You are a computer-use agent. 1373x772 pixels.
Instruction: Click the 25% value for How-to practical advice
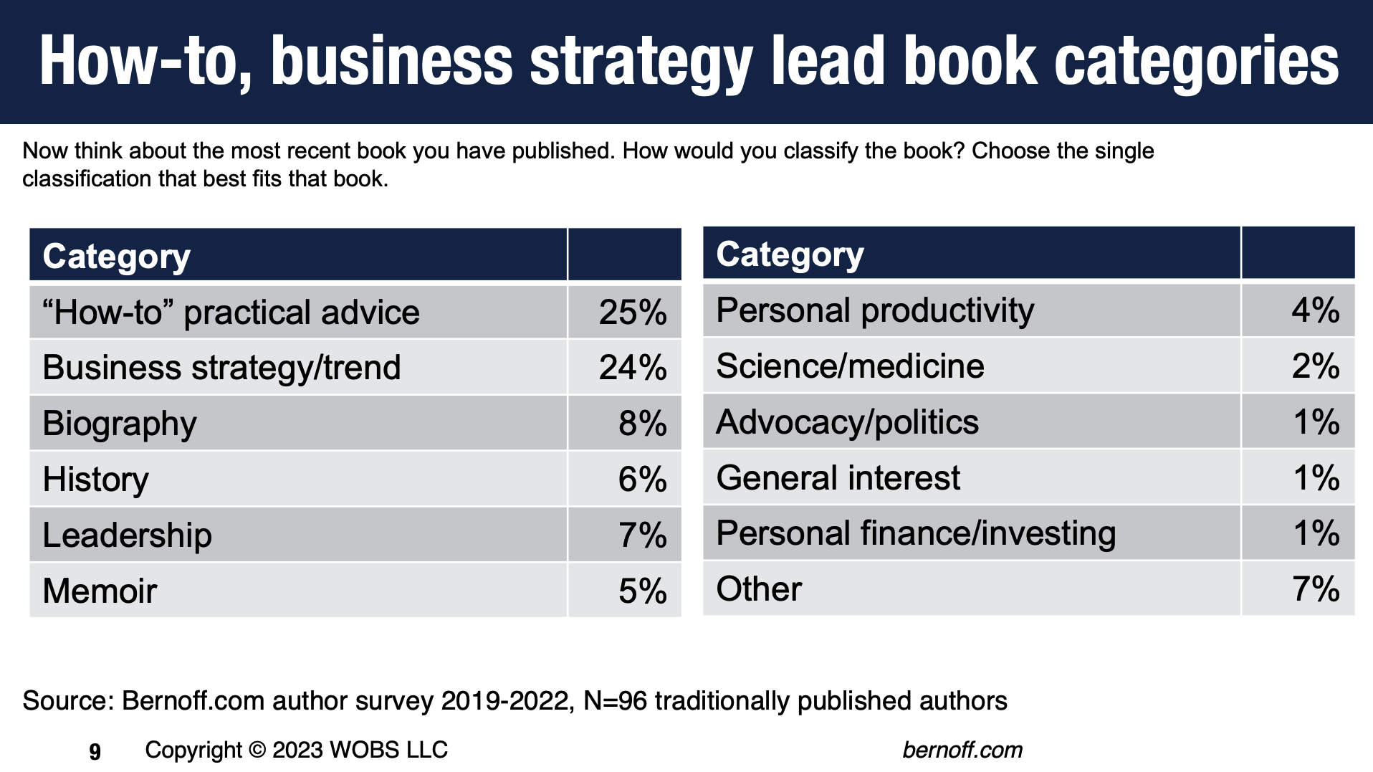click(x=633, y=313)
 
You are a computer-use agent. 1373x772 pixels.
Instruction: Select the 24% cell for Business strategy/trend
click(x=633, y=368)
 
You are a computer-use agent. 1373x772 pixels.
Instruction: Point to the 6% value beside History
click(x=643, y=479)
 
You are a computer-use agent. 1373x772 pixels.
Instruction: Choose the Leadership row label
click(x=128, y=535)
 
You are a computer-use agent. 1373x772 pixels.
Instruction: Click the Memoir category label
click(x=100, y=591)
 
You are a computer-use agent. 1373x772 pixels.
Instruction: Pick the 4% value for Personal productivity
click(x=1316, y=310)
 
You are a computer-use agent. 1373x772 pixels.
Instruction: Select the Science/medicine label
click(x=850, y=366)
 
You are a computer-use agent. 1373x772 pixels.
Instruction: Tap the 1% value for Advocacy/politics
click(x=1316, y=421)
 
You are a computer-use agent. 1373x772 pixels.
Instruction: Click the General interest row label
click(x=838, y=477)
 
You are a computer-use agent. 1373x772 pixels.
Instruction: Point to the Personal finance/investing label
click(x=916, y=534)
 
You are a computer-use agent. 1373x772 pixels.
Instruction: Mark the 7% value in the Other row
click(x=1316, y=589)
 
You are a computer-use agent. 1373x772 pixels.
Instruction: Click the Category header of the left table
click(x=117, y=257)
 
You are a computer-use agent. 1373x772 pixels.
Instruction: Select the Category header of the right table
click(x=790, y=254)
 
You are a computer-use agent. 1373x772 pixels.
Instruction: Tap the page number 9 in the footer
click(x=95, y=752)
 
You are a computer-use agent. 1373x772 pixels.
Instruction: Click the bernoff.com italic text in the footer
click(x=962, y=750)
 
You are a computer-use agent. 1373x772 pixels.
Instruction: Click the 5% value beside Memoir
click(x=643, y=591)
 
